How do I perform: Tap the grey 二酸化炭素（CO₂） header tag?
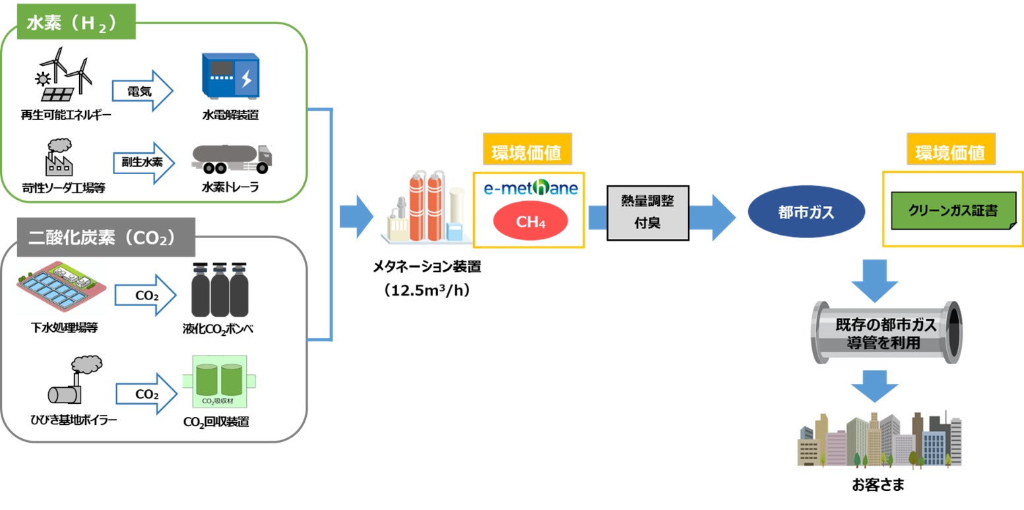point(102,236)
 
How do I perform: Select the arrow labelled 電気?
point(141,90)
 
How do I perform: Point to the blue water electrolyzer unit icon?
point(230,76)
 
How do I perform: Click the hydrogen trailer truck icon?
point(232,158)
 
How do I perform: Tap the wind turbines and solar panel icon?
point(63,74)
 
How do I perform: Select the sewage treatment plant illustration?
point(61,286)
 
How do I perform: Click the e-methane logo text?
point(530,188)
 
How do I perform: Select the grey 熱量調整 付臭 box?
point(647,211)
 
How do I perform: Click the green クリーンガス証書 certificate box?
point(952,210)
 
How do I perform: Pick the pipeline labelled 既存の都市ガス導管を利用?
point(886,334)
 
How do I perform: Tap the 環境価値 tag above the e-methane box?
point(527,152)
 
